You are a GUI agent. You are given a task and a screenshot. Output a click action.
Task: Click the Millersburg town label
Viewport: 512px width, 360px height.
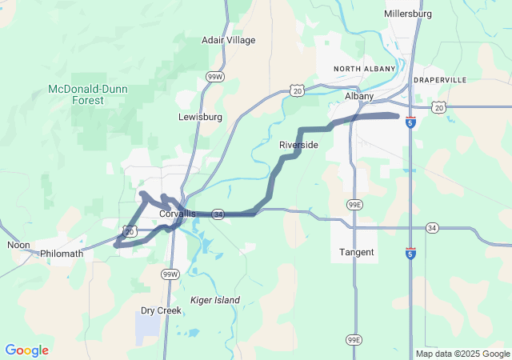coord(408,14)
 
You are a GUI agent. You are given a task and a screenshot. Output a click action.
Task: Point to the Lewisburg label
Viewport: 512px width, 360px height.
coord(200,117)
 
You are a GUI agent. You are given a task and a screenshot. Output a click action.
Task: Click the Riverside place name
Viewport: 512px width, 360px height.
coord(298,145)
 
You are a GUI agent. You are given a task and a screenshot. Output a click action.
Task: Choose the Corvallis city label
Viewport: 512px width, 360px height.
coord(177,214)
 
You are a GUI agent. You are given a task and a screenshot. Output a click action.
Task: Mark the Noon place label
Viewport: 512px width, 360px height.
coord(18,245)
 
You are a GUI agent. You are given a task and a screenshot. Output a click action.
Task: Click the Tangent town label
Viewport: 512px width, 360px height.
coord(356,252)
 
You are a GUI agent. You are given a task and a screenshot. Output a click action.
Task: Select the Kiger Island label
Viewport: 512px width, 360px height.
coord(214,300)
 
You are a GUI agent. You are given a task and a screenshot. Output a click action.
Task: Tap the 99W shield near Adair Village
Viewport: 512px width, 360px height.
coord(214,77)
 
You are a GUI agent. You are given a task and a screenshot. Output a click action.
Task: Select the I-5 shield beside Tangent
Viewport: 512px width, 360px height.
coord(410,254)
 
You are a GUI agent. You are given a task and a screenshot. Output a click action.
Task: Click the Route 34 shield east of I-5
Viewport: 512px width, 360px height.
coord(432,227)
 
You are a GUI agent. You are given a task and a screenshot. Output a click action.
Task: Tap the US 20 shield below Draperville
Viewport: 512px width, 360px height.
coord(439,106)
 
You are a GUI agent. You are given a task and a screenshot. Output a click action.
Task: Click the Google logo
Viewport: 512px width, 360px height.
coord(26,350)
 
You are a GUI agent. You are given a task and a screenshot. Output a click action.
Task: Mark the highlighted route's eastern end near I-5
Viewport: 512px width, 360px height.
coord(396,116)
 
